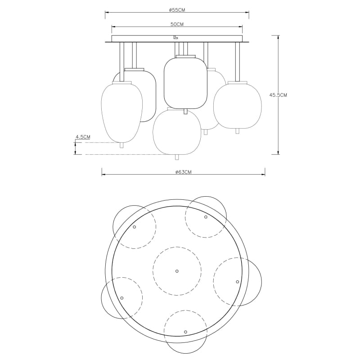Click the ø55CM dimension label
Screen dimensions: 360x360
tap(177, 9)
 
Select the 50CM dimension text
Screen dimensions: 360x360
tap(177, 24)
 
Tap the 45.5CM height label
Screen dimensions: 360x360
tap(278, 95)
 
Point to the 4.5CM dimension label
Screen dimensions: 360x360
tap(83, 137)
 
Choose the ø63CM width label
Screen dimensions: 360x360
tap(183, 172)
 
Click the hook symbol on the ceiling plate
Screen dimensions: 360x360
tap(175, 37)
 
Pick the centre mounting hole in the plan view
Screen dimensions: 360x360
tap(177, 271)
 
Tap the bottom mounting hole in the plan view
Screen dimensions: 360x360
tap(185, 332)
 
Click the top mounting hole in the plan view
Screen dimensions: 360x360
tap(206, 217)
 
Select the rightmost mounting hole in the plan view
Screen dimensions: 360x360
tap(238, 282)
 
